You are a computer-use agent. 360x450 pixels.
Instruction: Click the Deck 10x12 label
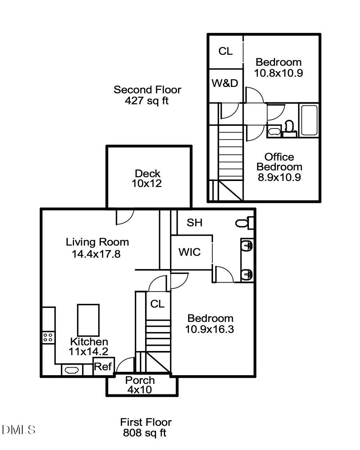[147, 179]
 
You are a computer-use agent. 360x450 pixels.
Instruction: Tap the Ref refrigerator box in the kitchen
[102, 366]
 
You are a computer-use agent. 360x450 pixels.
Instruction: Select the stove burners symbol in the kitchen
[48, 337]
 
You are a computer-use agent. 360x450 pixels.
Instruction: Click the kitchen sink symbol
[72, 370]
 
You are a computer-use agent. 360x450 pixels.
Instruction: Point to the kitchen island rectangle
[88, 320]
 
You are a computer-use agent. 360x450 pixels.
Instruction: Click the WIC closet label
[189, 252]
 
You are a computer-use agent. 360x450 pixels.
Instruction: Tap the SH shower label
[195, 223]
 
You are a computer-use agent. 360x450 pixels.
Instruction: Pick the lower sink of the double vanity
[247, 274]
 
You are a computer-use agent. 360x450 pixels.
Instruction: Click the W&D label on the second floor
[225, 83]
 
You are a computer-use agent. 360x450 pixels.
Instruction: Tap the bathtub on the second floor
[309, 120]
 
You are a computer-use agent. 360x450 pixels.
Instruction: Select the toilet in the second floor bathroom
[289, 127]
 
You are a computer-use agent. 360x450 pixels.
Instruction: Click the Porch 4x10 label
[140, 385]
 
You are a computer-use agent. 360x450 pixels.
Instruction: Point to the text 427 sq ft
[147, 101]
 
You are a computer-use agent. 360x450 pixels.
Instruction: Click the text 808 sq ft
[145, 433]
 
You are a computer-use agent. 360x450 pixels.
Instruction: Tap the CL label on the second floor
[226, 51]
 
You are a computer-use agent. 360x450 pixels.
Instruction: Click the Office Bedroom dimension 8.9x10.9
[279, 177]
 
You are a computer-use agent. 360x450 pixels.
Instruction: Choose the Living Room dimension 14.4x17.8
[96, 254]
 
